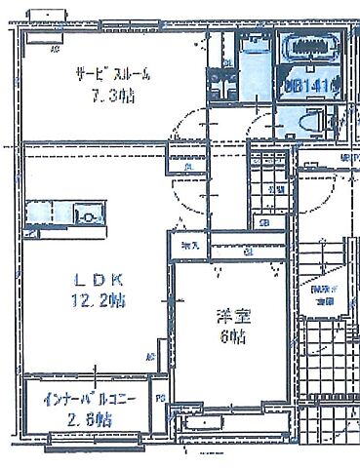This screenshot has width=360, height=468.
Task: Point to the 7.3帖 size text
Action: pos(112,96)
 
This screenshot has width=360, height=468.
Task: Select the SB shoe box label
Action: pos(264,223)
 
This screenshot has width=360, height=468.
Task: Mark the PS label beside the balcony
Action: pos(158,398)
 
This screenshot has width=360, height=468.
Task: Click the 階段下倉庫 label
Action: pos(322,295)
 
